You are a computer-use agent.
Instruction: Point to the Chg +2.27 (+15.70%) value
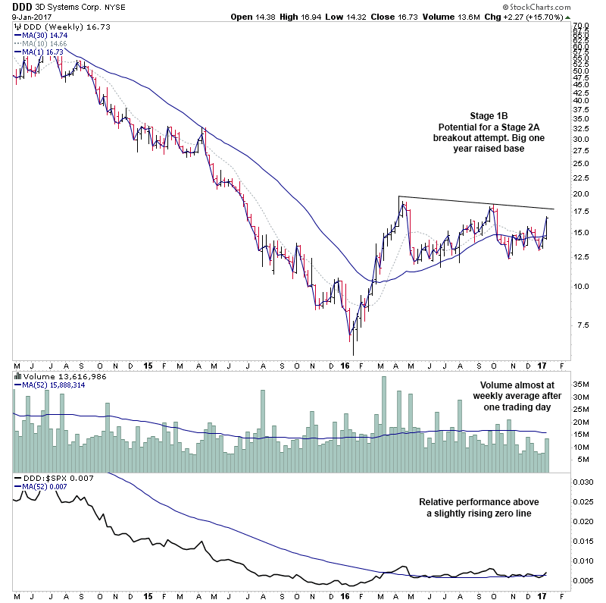[542, 15]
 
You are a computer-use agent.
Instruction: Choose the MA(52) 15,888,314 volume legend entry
[53, 385]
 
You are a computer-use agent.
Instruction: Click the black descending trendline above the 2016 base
[477, 203]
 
